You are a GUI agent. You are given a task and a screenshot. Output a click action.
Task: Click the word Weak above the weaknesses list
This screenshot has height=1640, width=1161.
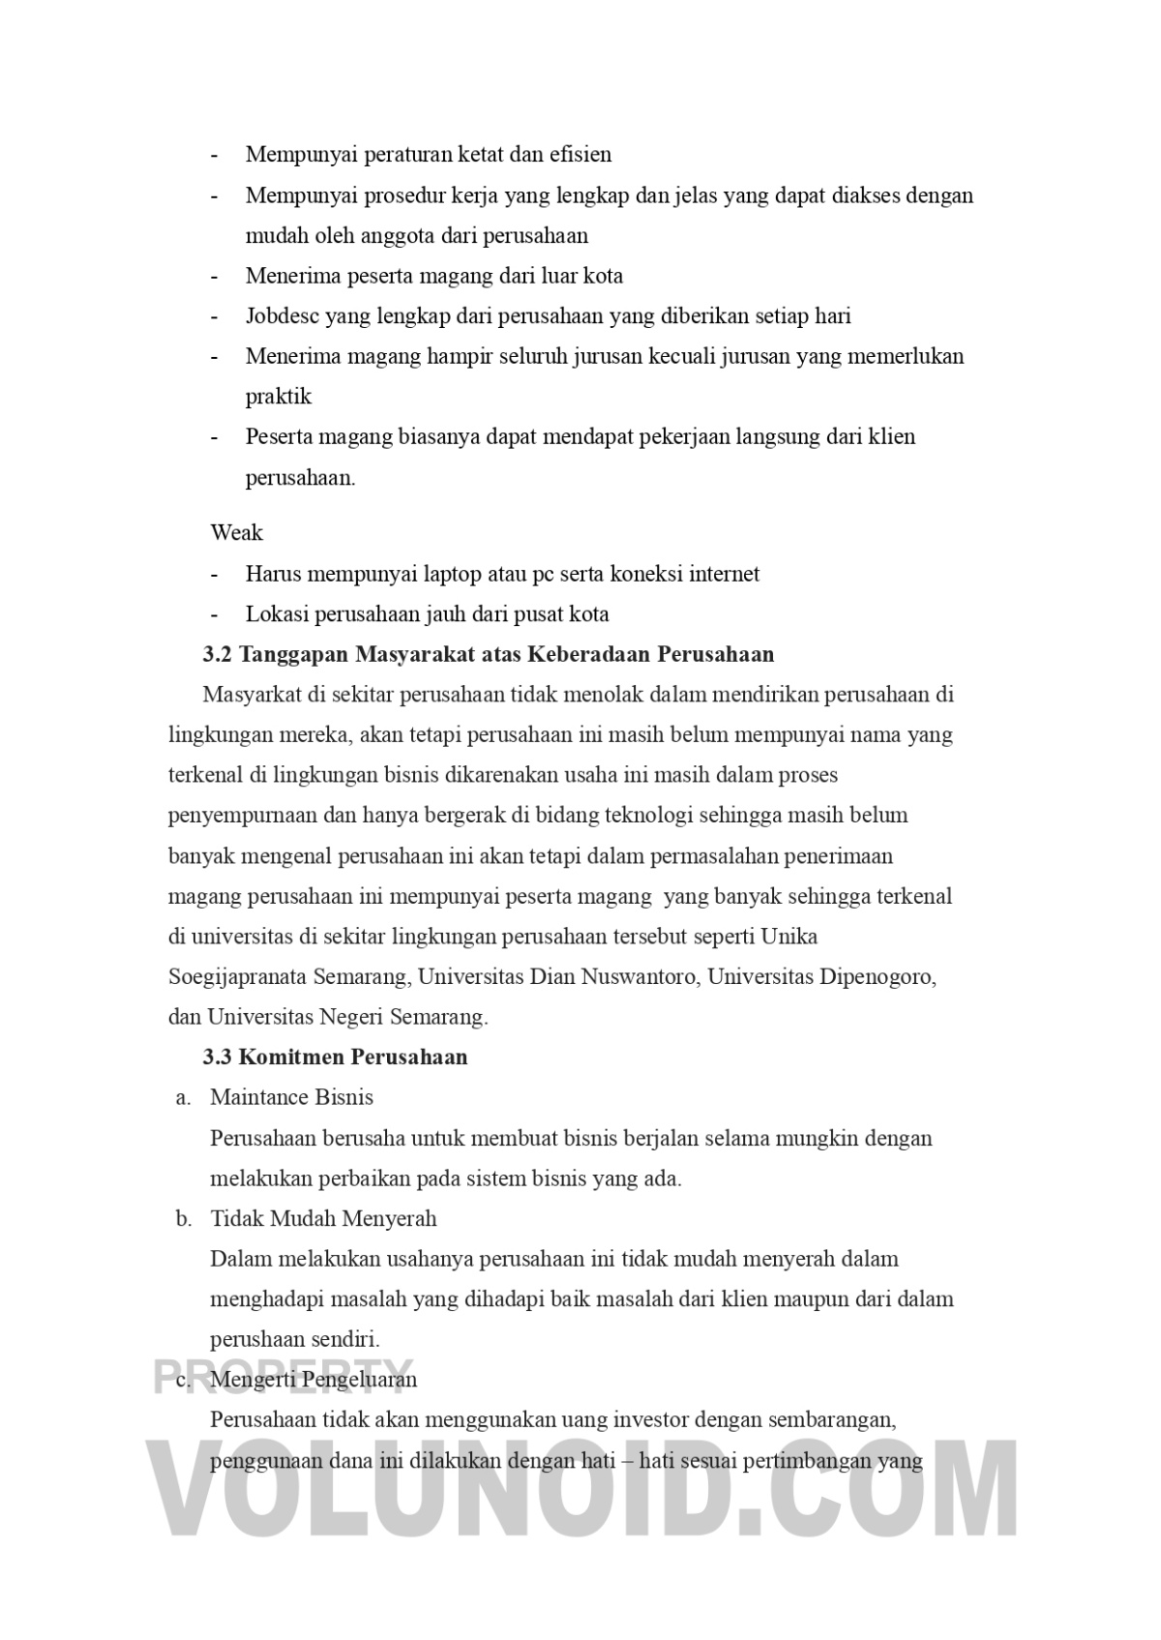[236, 533]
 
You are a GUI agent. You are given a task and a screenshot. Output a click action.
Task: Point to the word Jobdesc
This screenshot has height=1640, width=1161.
[282, 316]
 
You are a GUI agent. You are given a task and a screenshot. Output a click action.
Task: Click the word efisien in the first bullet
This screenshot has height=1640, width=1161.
[580, 155]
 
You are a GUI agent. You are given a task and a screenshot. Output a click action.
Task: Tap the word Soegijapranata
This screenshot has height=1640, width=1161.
[237, 976]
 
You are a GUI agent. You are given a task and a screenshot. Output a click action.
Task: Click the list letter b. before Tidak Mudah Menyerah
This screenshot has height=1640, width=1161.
[184, 1219]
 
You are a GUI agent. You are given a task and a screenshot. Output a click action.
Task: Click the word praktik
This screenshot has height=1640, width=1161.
[279, 397]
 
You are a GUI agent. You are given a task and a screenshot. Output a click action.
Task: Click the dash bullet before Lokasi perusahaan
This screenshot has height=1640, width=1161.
[214, 614]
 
